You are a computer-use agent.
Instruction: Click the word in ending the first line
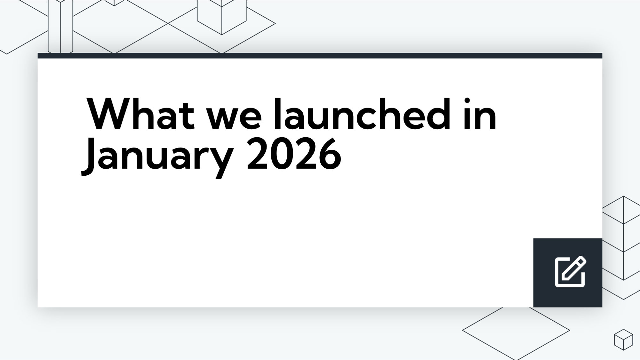pos(480,114)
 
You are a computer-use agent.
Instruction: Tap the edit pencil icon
pos(570,272)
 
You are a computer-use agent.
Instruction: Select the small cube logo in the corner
pos(623,339)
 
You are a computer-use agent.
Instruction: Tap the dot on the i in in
pos(467,100)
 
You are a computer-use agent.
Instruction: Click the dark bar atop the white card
pos(320,56)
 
